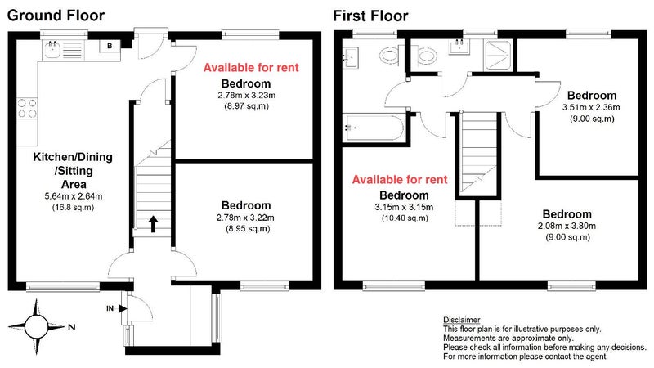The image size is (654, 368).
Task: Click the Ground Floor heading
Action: [x=56, y=16]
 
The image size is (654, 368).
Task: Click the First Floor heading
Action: [x=370, y=16]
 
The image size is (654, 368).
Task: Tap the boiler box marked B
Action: [x=110, y=46]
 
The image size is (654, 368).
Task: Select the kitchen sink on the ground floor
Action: [x=52, y=50]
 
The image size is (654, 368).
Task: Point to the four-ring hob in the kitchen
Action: [x=27, y=108]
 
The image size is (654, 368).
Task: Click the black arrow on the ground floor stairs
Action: [x=153, y=224]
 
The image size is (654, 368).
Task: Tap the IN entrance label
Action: [x=110, y=309]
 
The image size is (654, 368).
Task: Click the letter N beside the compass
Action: [x=72, y=327]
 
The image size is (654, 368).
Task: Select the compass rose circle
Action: [x=36, y=326]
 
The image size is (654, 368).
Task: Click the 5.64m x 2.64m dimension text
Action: [x=74, y=196]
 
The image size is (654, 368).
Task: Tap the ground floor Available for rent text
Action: [x=251, y=68]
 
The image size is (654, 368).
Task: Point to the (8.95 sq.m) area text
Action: [x=248, y=229]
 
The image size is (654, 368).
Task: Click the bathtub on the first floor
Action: [x=373, y=128]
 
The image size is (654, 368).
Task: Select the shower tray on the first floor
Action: [x=497, y=56]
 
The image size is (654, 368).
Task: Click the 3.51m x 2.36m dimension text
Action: [x=591, y=107]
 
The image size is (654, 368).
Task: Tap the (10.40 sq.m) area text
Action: [x=405, y=218]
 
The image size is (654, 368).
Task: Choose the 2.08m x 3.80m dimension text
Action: [x=567, y=227]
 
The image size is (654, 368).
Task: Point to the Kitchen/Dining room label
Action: [x=73, y=157]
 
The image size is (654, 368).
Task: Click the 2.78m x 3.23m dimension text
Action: [x=247, y=95]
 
